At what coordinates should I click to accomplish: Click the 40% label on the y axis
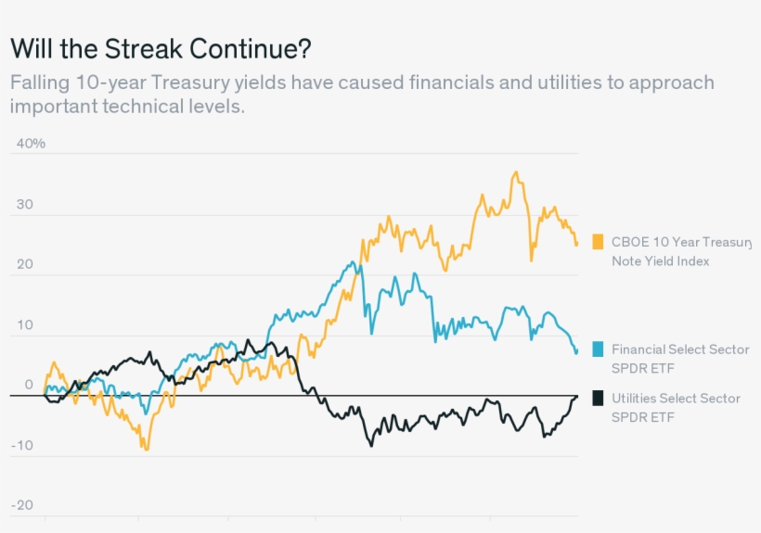tap(30, 144)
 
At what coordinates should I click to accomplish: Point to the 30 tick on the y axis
tap(24, 205)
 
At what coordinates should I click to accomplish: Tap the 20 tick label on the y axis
tap(24, 264)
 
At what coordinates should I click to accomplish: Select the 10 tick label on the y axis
tap(24, 325)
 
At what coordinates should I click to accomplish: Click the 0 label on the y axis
tap(28, 385)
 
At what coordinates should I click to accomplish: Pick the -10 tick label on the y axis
tap(22, 445)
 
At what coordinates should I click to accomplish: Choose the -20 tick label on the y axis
tap(22, 505)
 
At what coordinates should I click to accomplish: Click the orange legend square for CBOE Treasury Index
tap(598, 242)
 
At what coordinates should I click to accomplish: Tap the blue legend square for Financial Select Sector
tap(598, 349)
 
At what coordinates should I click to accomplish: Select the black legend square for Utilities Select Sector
tap(598, 398)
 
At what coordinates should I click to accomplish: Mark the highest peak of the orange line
tap(515, 171)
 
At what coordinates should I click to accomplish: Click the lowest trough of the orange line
tap(146, 450)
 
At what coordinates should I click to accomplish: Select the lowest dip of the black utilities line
tap(371, 446)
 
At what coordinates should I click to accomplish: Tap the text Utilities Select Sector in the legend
tap(676, 398)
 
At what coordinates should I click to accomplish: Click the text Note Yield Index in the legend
tap(660, 261)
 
